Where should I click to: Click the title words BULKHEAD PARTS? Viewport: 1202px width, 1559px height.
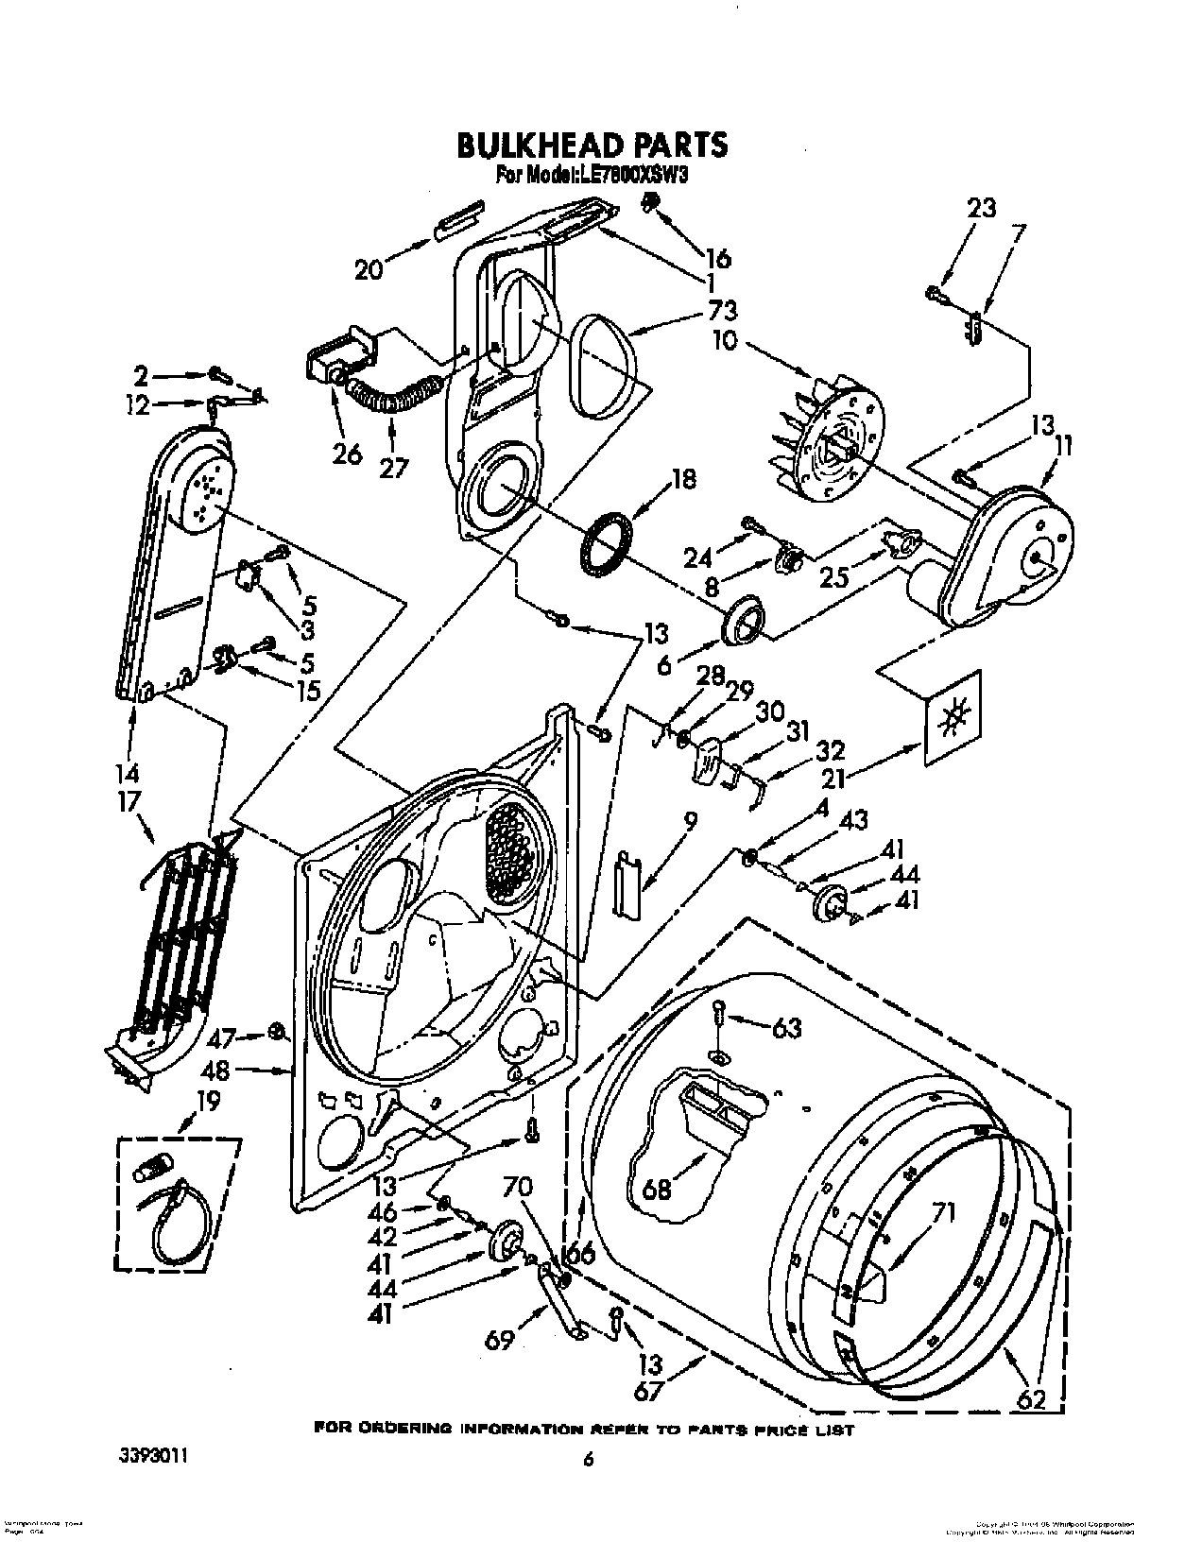coord(592,145)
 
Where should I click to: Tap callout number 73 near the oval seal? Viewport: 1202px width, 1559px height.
coord(721,310)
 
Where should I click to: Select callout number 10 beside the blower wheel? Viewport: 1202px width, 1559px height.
coord(724,339)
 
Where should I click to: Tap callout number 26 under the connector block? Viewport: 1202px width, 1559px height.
coord(347,454)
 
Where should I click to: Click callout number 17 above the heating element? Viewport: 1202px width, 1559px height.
coord(129,800)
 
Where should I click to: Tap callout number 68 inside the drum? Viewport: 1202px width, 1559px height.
coord(657,1186)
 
